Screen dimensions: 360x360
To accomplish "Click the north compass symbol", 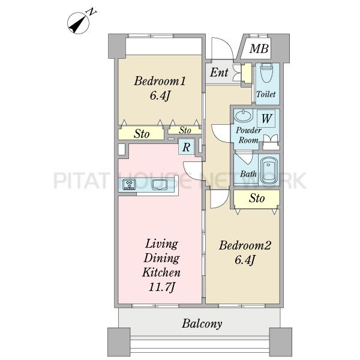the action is click(78, 23).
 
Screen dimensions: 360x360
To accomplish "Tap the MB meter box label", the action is click(259, 49).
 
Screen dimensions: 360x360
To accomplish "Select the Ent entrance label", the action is click(219, 73).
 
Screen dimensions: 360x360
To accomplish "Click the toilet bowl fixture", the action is click(266, 73).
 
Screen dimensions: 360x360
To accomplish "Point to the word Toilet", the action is click(266, 94).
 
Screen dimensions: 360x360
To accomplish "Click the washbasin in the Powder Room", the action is click(243, 115).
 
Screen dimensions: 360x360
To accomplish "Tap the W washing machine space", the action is click(266, 119).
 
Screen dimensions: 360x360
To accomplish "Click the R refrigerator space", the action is click(186, 147).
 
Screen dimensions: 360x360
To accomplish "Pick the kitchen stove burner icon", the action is click(129, 184).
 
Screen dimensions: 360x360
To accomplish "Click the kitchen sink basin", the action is click(160, 185).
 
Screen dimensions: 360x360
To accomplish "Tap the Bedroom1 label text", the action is click(160, 81).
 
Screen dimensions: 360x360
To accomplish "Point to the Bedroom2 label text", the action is click(245, 245).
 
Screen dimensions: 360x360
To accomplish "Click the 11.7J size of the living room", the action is click(162, 287).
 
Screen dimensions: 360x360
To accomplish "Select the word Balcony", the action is click(202, 324).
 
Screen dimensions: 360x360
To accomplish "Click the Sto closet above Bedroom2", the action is click(257, 199).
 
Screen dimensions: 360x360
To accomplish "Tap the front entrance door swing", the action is click(223, 49).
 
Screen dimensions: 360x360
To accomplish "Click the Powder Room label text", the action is click(248, 135).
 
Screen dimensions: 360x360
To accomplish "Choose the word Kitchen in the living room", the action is click(161, 273).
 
